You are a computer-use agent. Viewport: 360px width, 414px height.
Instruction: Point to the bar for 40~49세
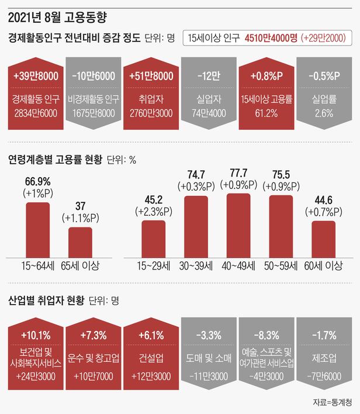click(238, 225)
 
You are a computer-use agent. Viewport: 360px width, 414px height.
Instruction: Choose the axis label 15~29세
click(154, 266)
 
